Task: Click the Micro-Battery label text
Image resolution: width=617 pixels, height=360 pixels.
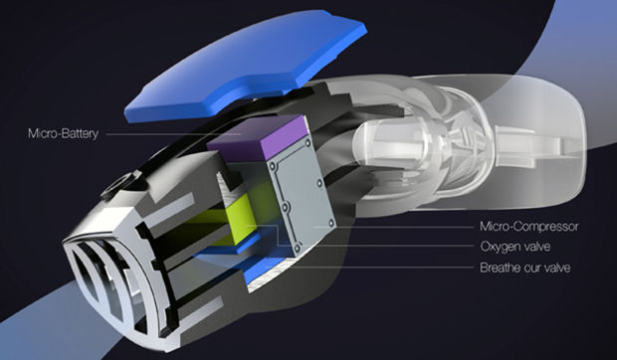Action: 63,133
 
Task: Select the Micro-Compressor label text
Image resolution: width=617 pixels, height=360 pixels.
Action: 528,227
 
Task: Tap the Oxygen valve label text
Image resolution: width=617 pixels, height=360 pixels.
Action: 514,247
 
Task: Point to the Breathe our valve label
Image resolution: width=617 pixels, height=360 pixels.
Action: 524,268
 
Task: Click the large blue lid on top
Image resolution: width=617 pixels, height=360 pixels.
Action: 246,65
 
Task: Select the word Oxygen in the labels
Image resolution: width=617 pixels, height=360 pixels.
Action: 498,247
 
